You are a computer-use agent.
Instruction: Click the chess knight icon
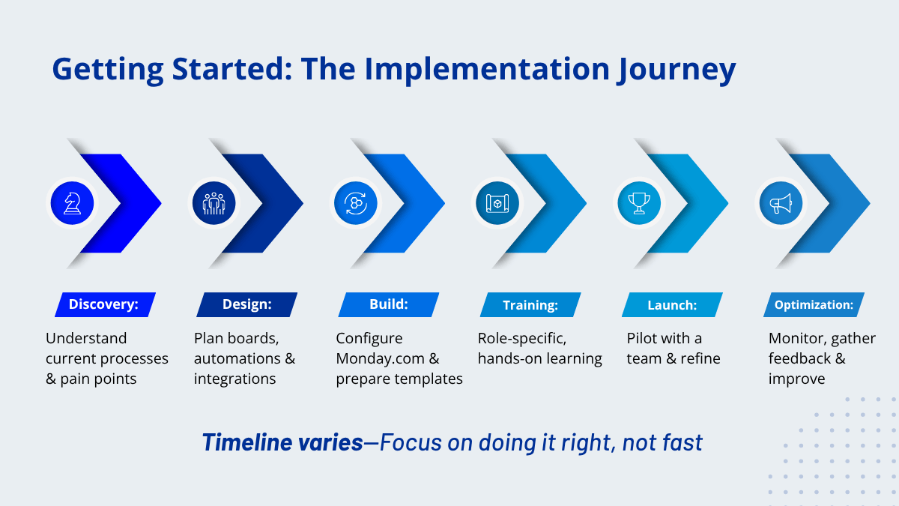tap(72, 203)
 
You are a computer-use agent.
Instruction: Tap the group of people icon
tap(214, 203)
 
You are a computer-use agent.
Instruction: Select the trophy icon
tap(639, 203)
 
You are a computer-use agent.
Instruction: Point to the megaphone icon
tap(781, 203)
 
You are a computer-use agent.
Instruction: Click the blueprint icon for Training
tap(497, 203)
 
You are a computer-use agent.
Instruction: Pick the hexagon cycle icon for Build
tap(356, 203)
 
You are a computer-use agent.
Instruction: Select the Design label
tap(246, 304)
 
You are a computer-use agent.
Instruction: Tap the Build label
tap(389, 304)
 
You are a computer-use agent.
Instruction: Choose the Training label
tap(530, 304)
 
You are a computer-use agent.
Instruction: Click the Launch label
tap(672, 304)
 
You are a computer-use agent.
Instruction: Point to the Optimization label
tap(814, 304)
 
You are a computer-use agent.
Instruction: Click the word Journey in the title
tap(677, 69)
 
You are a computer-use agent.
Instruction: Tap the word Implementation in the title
tap(487, 68)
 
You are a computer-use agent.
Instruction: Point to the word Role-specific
tap(521, 339)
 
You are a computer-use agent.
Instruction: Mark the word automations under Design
tap(239, 358)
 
